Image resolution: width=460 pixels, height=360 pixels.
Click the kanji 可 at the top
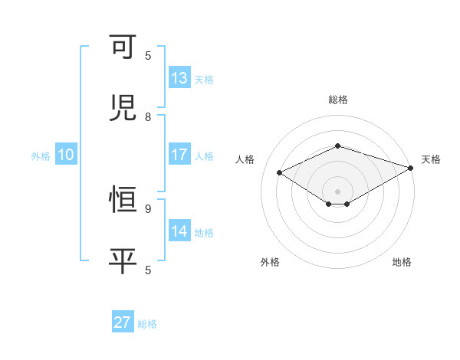pos(123,48)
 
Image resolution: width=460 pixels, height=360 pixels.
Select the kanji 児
pos(123,108)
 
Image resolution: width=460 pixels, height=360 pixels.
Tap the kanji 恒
pos(123,200)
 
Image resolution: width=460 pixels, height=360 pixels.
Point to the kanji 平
pos(123,260)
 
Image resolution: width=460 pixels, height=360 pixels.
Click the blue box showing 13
pos(179,78)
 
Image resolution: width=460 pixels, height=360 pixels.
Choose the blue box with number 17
pos(179,155)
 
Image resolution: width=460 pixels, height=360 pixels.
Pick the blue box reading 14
pos(179,231)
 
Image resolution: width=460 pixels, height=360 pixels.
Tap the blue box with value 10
pos(66,155)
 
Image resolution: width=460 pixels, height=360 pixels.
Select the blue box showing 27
pos(123,322)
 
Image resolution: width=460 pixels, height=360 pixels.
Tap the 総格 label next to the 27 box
pos(147,324)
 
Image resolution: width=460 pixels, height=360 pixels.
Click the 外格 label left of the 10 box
pos(41,156)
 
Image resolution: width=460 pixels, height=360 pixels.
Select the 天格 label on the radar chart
pos(431,159)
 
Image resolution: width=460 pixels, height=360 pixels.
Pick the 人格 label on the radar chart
pos(245,159)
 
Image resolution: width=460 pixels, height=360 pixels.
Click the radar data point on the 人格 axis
pos(280,173)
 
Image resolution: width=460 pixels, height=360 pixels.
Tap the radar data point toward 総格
pos(337,146)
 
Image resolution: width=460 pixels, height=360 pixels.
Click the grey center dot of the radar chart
pos(337,191)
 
